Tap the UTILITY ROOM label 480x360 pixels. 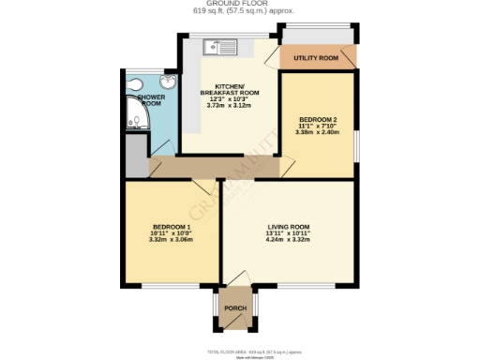(316, 58)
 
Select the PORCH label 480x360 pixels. (235, 307)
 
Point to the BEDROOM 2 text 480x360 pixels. (317, 119)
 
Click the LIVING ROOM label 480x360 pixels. (287, 227)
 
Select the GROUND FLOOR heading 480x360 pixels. (239, 4)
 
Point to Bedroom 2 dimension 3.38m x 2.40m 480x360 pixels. (317, 132)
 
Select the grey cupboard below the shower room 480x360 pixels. (136, 155)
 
